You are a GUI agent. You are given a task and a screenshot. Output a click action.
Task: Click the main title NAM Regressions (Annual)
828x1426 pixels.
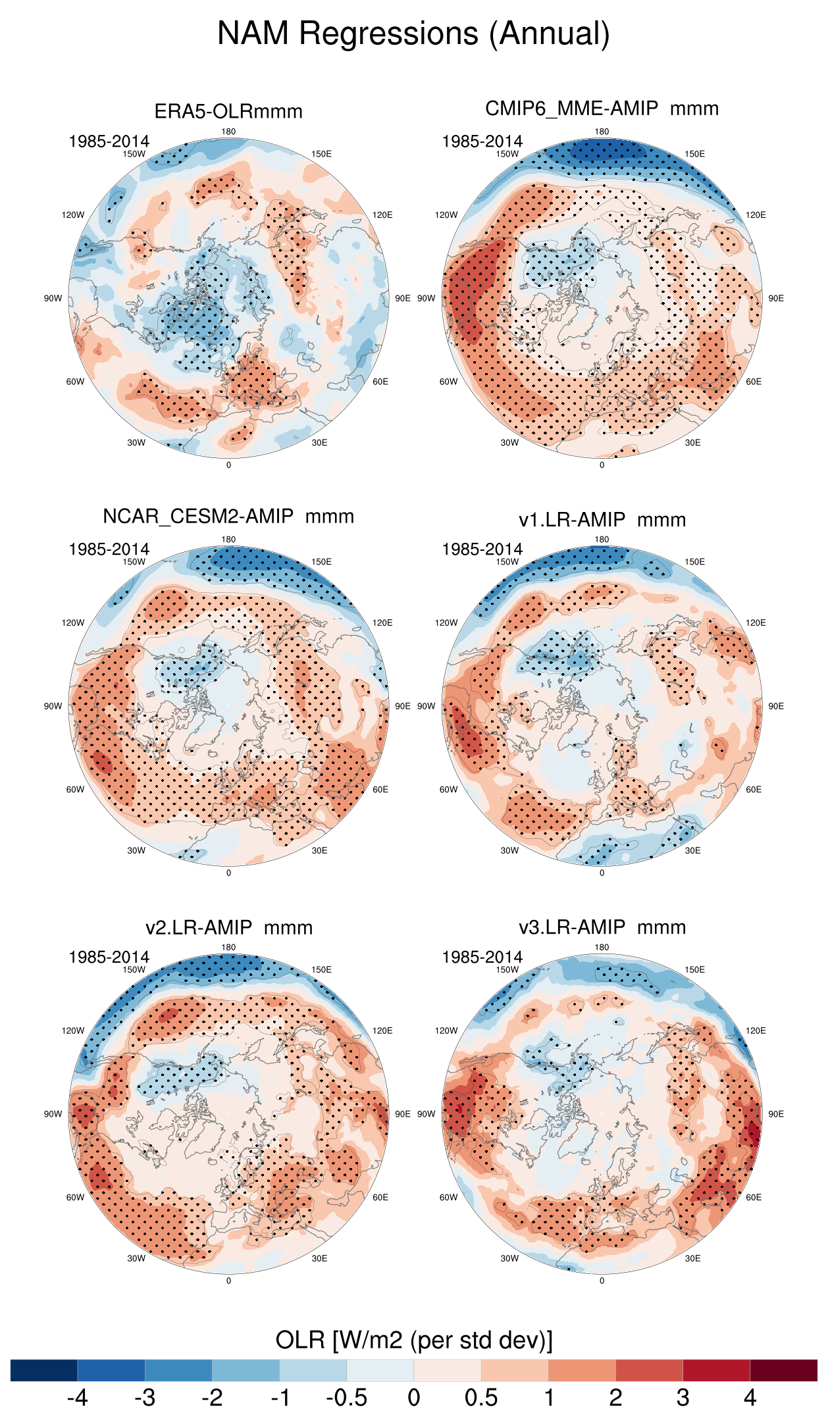point(413,34)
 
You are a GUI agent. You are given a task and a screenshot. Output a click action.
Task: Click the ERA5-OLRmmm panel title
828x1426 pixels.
point(228,111)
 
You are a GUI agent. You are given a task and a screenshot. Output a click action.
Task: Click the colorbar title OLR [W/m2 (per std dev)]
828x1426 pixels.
point(413,1340)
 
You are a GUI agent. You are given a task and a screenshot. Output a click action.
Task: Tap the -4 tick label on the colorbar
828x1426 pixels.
point(77,1398)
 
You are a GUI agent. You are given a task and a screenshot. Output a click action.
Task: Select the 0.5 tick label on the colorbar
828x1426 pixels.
point(480,1398)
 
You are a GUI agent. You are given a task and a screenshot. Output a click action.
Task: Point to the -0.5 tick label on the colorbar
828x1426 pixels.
point(346,1398)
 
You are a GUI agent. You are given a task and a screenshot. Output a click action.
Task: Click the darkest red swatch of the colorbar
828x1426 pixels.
point(783,1370)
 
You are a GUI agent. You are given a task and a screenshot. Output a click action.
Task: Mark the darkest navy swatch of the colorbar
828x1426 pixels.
point(44,1370)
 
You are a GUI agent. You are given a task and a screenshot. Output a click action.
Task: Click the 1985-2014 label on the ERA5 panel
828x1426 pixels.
point(109,141)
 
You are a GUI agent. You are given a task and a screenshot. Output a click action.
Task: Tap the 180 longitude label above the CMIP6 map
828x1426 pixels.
point(602,132)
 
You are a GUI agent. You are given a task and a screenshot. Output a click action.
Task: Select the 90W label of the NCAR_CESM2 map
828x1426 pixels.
point(53,706)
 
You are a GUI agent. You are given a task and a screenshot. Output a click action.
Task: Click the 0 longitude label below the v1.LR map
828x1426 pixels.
point(602,873)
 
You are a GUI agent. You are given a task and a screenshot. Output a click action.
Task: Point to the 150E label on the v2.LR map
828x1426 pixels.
point(321,970)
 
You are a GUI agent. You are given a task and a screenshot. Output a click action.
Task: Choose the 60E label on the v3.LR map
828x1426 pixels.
point(754,1198)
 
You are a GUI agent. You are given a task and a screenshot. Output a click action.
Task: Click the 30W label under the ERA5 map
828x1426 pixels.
point(136,443)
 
